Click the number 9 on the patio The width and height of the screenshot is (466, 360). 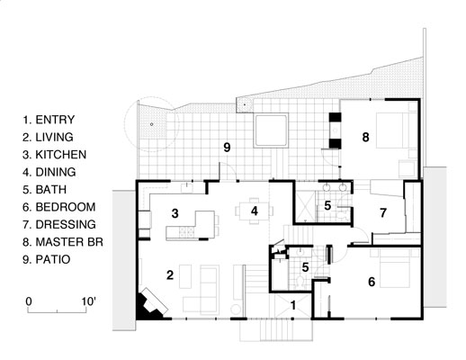pyautogui.click(x=228, y=147)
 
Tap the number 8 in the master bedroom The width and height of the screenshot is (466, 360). pyautogui.click(x=365, y=137)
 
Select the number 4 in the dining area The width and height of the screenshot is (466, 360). pyautogui.click(x=255, y=211)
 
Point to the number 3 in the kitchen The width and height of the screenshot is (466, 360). pyautogui.click(x=176, y=212)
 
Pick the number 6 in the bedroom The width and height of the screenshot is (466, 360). pyautogui.click(x=371, y=282)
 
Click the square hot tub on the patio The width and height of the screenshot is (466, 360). pyautogui.click(x=272, y=131)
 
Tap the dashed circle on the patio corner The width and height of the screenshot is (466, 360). pyautogui.click(x=151, y=122)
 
